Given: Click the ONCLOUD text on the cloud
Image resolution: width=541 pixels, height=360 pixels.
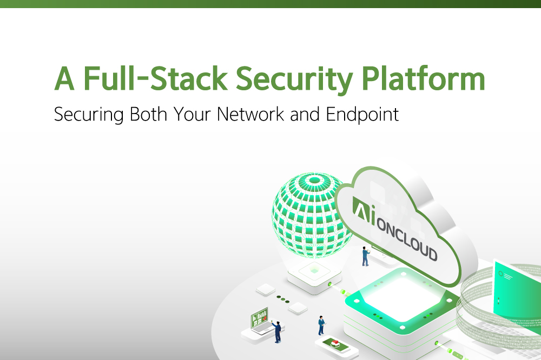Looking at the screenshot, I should (x=406, y=238).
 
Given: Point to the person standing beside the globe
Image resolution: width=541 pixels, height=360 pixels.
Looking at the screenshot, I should (x=366, y=255).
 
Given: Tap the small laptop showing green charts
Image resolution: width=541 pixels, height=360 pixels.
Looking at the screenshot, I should (x=259, y=321).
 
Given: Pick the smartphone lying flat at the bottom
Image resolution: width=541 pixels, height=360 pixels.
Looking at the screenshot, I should (x=334, y=345).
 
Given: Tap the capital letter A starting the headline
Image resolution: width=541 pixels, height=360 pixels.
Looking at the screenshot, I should (x=64, y=79).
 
